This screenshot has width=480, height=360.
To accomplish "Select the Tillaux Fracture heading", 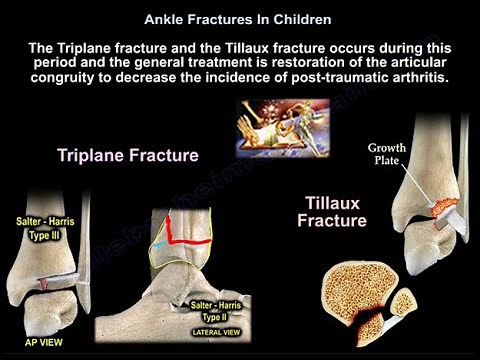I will click(x=332, y=211).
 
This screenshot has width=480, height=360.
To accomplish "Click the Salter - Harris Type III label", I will click(x=42, y=232).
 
